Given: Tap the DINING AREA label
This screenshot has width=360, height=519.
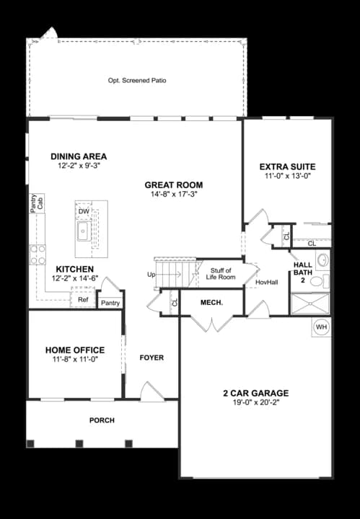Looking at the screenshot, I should pyautogui.click(x=79, y=156).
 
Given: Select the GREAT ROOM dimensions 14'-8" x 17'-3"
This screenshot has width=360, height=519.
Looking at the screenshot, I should pyautogui.click(x=173, y=194).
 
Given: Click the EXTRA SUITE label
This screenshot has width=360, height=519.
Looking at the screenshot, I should pyautogui.click(x=287, y=167).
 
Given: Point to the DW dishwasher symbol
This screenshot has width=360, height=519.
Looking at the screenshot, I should pyautogui.click(x=84, y=211).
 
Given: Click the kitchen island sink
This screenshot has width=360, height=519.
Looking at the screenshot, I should pyautogui.click(x=84, y=231).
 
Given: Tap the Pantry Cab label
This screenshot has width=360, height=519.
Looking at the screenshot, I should pyautogui.click(x=37, y=203).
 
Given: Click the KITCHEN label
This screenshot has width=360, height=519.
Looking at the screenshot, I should pyautogui.click(x=73, y=268).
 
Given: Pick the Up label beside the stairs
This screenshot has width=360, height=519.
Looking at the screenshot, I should pyautogui.click(x=151, y=275).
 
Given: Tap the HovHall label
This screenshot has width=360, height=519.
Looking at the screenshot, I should pyautogui.click(x=266, y=282).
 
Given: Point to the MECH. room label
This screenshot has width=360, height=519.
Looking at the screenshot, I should pyautogui.click(x=211, y=302).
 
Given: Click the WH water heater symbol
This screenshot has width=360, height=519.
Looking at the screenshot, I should pyautogui.click(x=322, y=327).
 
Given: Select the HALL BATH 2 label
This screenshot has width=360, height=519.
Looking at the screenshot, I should pyautogui.click(x=303, y=272).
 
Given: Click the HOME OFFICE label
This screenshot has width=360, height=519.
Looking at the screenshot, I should pyautogui.click(x=75, y=350).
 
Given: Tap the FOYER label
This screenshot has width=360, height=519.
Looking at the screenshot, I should pyautogui.click(x=152, y=358).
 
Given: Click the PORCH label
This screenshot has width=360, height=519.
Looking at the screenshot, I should pyautogui.click(x=102, y=420).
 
